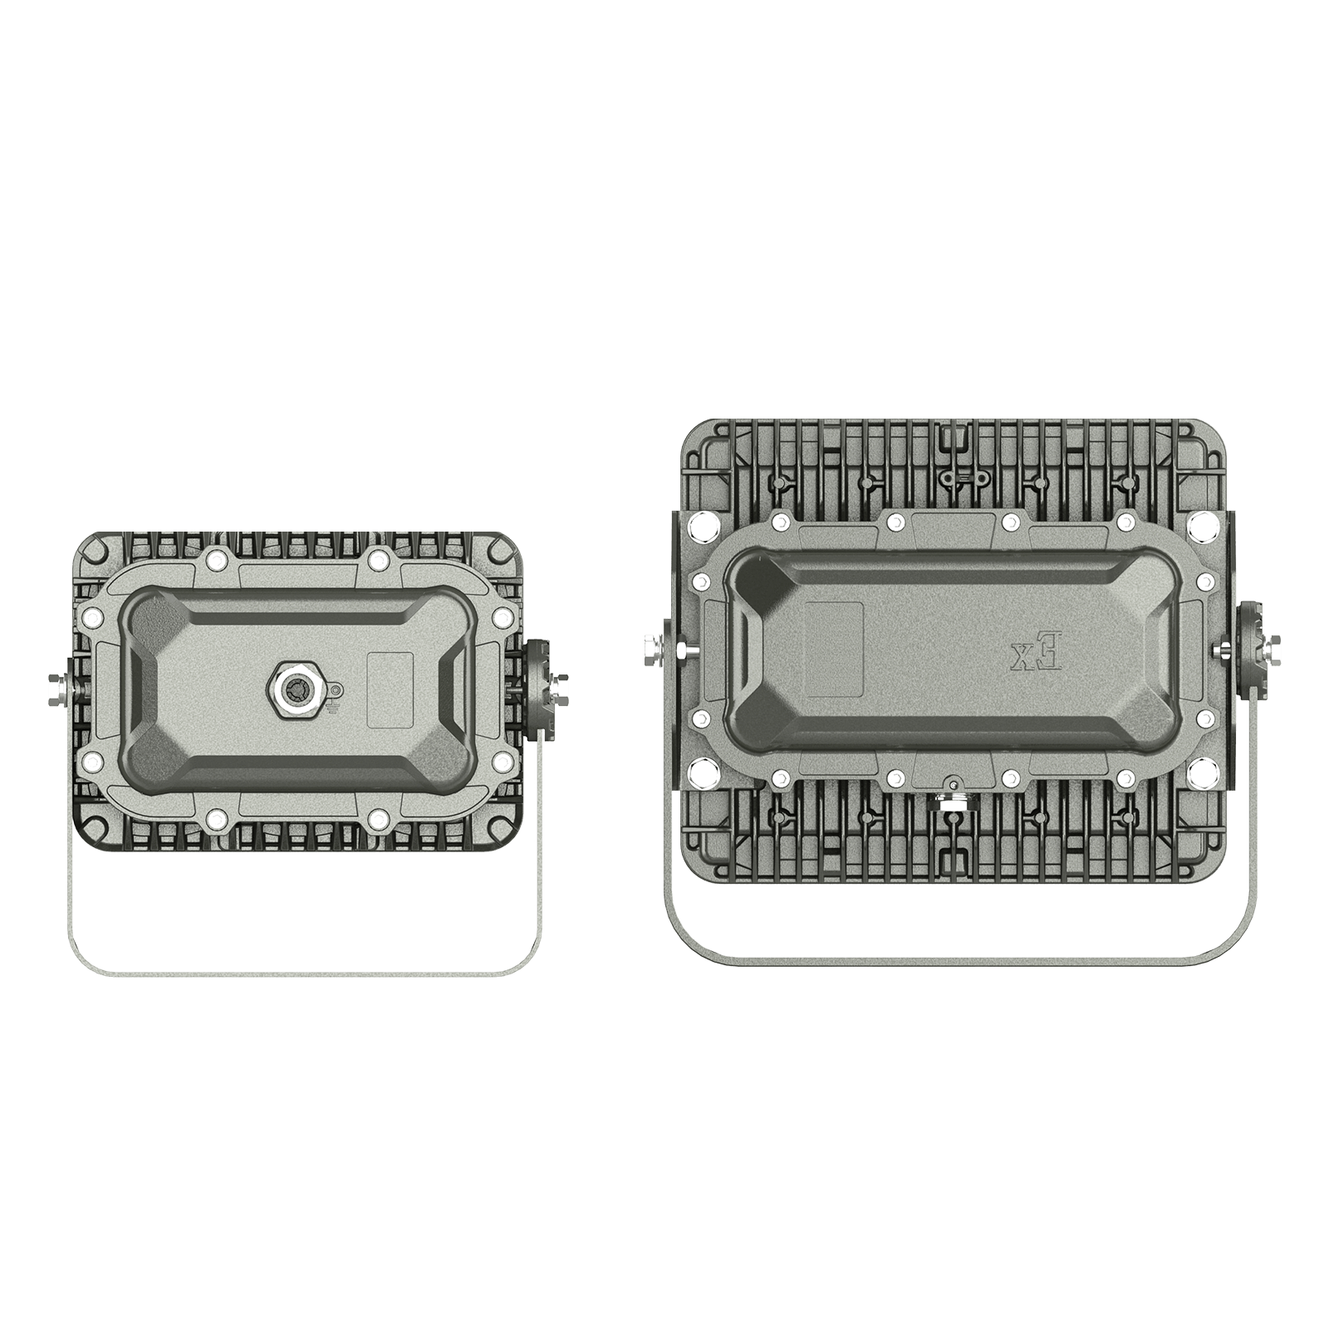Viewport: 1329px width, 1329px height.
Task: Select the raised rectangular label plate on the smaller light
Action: (390, 689)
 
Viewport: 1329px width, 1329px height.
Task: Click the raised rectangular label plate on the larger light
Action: (835, 649)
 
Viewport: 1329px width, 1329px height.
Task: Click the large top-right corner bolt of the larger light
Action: (1202, 525)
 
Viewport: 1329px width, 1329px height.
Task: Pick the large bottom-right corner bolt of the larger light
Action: (1202, 773)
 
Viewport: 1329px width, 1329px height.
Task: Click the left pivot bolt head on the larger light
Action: (652, 649)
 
